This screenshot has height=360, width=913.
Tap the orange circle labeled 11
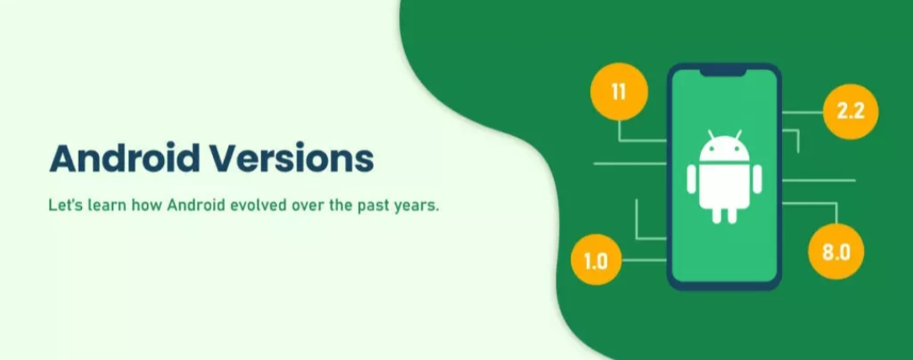tap(619, 92)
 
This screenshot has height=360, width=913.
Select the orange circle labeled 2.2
tap(850, 112)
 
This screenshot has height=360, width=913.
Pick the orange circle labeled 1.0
tap(596, 259)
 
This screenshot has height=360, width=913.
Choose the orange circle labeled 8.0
tap(836, 252)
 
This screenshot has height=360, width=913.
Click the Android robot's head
tap(724, 150)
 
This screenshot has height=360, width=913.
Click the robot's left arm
tap(692, 179)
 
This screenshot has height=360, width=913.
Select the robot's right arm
tap(757, 179)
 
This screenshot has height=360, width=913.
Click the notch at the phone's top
tap(723, 71)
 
